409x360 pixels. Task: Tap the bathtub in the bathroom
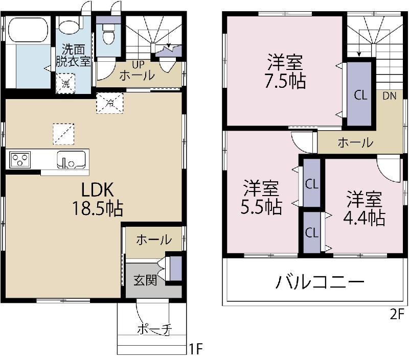[x=28, y=30]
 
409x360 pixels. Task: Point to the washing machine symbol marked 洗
[x=66, y=84]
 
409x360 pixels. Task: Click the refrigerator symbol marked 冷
[x=110, y=103]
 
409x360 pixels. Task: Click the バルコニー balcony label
[x=321, y=281]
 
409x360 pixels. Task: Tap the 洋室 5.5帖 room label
[x=261, y=198]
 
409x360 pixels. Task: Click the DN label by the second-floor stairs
[x=389, y=95]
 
